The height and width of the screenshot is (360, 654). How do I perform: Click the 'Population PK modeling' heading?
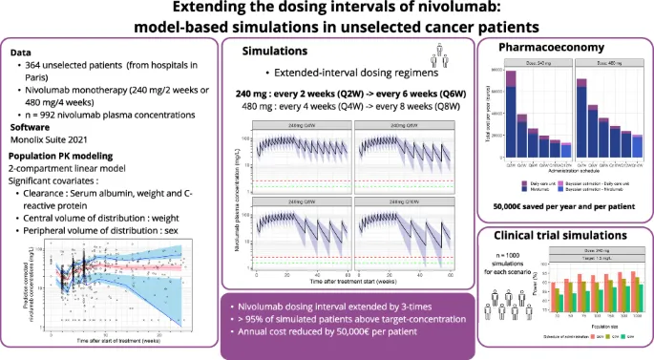coord(63,156)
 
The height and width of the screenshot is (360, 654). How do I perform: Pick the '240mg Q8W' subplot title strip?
coord(285,202)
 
